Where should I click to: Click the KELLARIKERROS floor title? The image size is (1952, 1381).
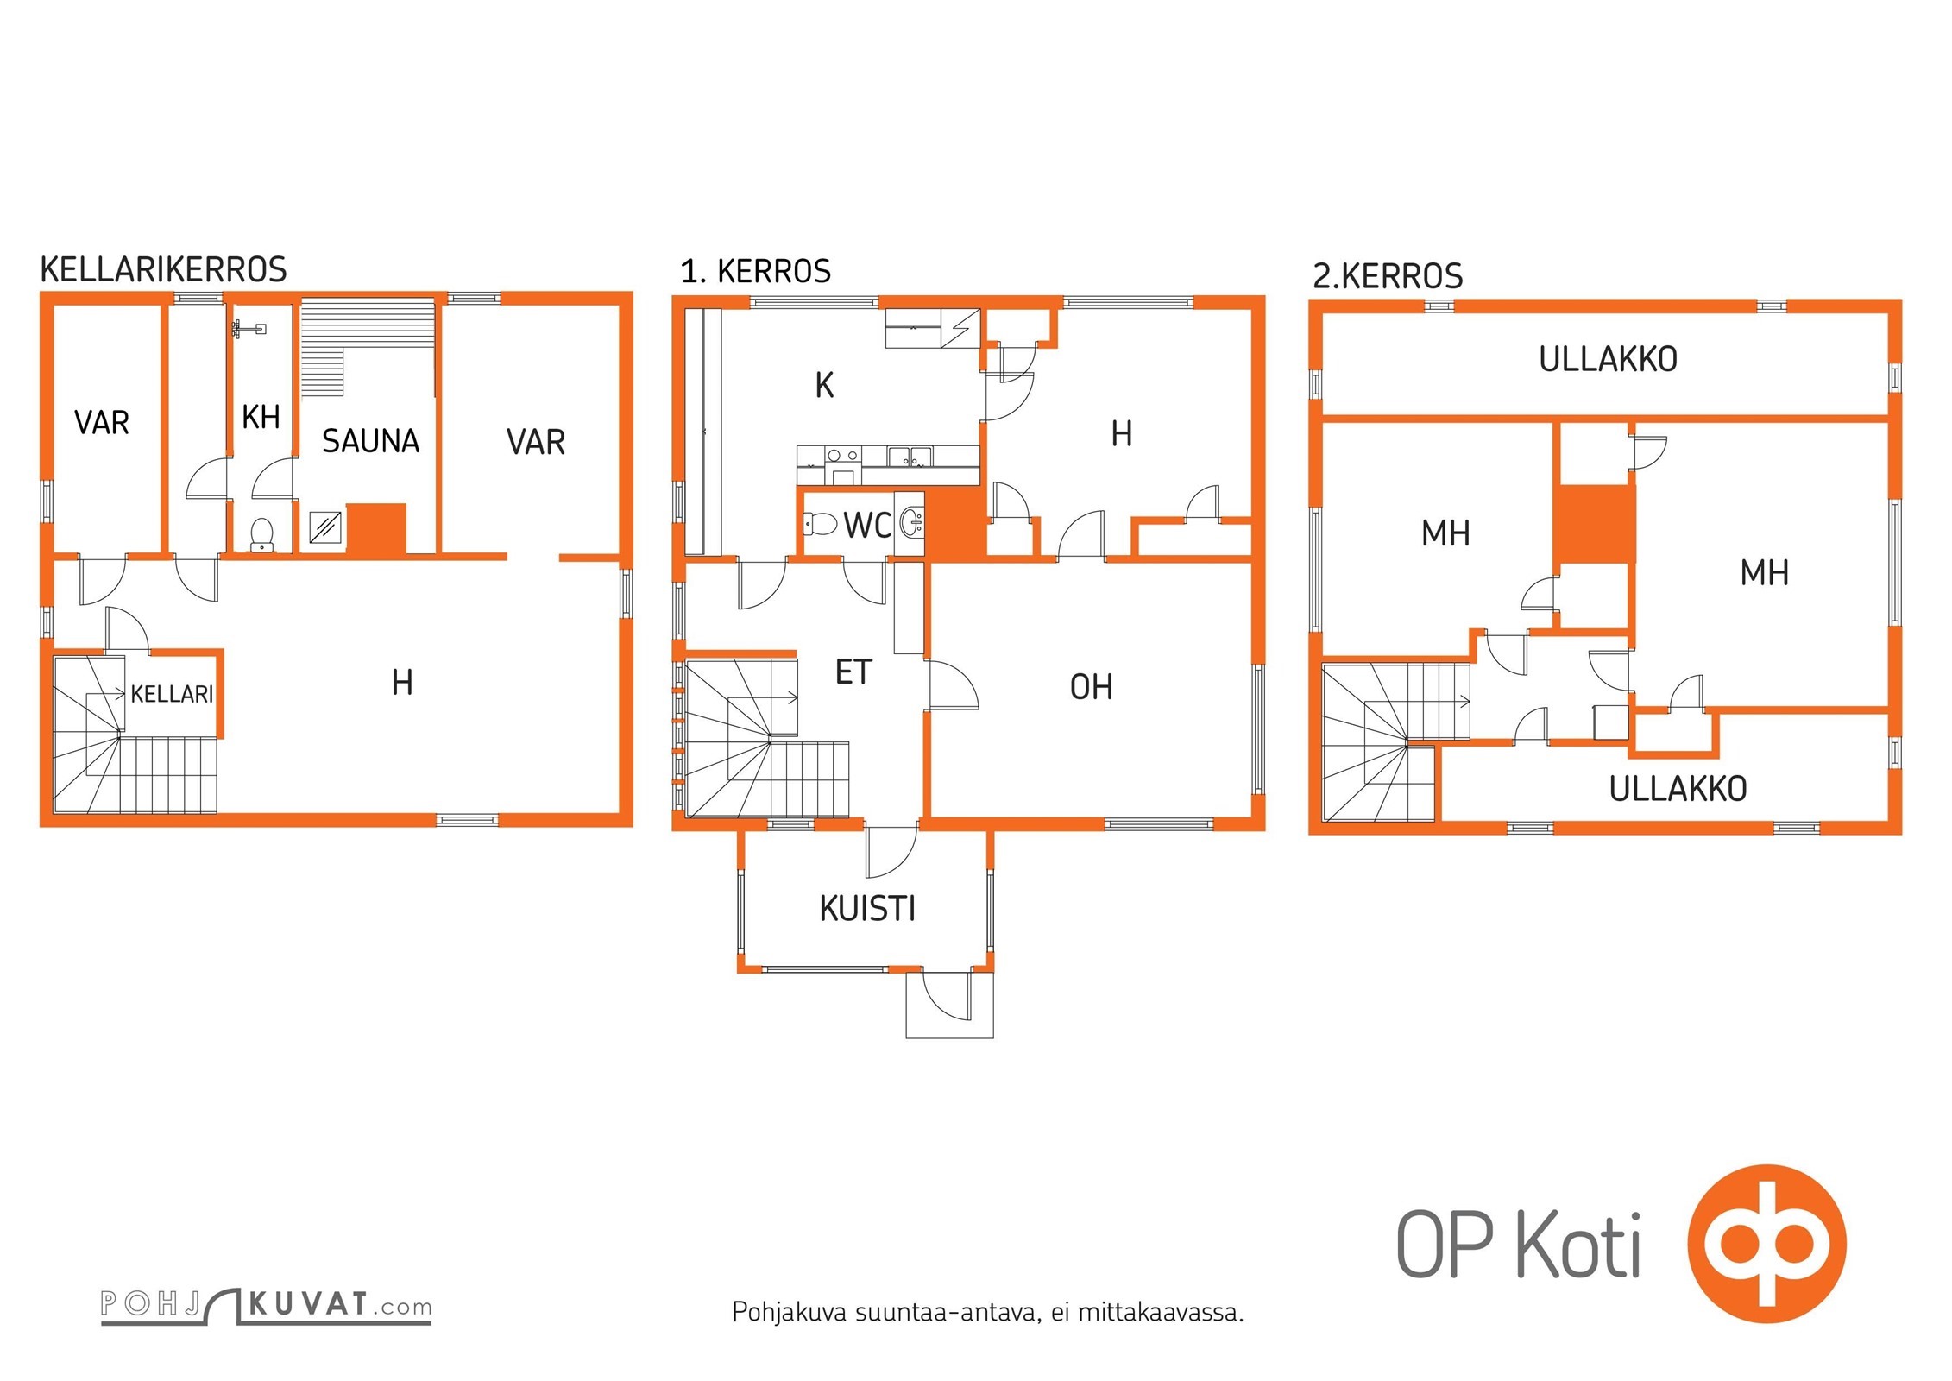163,269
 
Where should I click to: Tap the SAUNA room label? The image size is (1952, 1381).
370,441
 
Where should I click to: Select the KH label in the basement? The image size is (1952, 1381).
261,417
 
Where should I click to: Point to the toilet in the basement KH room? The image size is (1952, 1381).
261,534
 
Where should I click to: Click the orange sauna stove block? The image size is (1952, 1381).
376,528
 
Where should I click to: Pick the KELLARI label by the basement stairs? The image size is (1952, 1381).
172,694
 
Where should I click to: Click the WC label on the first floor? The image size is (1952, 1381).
867,526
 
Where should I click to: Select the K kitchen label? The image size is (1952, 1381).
824,386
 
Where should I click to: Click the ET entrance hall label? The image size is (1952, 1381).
853,672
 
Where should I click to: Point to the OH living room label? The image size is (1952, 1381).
1091,687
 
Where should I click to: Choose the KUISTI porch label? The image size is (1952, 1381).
867,909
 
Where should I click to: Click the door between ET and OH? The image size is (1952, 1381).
953,685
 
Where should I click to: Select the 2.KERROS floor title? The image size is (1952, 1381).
1388,276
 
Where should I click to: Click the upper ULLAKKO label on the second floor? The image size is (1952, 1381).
1608,359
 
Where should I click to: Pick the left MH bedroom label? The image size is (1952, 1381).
1445,533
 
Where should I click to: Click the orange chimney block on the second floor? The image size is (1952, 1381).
1595,525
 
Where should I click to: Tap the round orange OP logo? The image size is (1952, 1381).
1766,1244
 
